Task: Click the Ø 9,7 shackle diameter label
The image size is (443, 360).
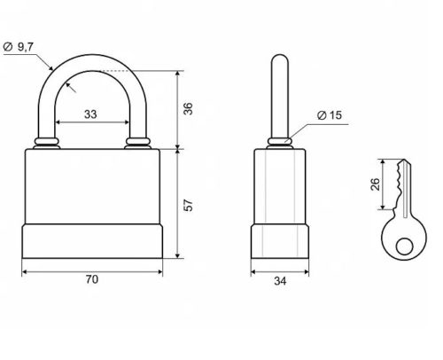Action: click(19, 47)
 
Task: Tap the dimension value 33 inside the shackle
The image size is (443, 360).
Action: click(90, 114)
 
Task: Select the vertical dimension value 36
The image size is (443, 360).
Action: click(188, 108)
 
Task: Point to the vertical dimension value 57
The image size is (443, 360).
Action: click(188, 205)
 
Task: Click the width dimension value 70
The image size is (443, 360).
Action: click(92, 279)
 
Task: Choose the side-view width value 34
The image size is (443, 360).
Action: click(280, 281)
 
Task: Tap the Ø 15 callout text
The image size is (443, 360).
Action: click(330, 115)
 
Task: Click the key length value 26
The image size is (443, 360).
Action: click(375, 184)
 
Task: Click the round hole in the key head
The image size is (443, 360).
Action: click(404, 247)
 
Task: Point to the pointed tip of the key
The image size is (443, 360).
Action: click(405, 160)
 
